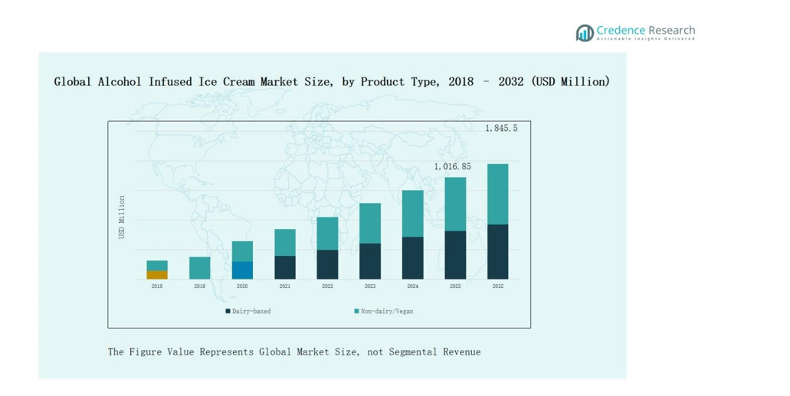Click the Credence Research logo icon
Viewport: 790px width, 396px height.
point(585,32)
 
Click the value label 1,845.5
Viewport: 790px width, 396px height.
point(501,129)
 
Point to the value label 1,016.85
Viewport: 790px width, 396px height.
point(452,166)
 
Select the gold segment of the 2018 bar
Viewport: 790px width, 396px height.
point(157,274)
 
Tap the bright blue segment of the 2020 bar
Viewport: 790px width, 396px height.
point(242,270)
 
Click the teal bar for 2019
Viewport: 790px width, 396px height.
point(199,267)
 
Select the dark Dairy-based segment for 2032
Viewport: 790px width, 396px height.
point(497,251)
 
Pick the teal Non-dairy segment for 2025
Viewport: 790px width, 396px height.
point(455,204)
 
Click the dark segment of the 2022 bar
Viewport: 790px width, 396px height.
point(327,263)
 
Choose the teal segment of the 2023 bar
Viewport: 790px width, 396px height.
point(370,223)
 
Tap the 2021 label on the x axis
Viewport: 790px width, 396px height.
point(284,286)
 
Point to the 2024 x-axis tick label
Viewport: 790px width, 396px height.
point(412,286)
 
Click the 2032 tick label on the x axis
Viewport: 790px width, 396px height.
point(497,286)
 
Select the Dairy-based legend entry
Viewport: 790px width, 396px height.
point(248,311)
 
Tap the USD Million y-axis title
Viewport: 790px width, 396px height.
point(121,217)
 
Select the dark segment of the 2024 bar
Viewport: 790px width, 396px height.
point(412,257)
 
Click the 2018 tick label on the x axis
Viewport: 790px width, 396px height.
point(157,286)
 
